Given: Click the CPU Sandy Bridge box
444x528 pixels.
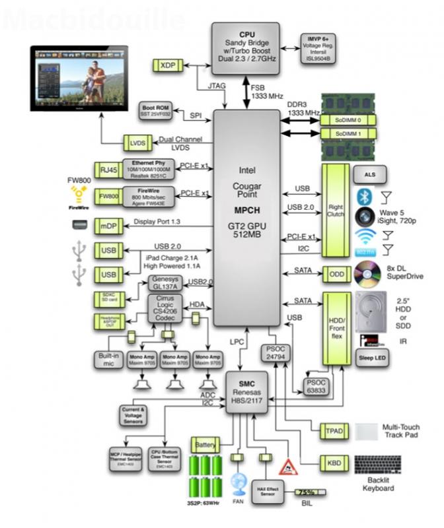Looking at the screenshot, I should (246, 44).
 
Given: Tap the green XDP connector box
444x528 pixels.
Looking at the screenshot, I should (164, 65).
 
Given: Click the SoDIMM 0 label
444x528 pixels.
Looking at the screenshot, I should (347, 120).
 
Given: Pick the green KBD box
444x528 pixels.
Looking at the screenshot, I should (334, 463).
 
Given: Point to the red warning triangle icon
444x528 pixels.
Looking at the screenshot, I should (287, 467).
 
